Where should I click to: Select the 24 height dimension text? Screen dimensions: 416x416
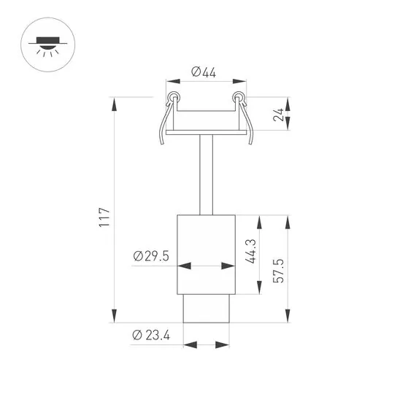click(279, 114)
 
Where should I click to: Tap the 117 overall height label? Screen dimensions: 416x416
click(104, 217)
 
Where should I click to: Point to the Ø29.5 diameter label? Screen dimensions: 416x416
click(152, 255)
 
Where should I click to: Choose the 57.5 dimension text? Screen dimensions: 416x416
click(279, 271)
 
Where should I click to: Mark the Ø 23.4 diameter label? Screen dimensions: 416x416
click(152, 335)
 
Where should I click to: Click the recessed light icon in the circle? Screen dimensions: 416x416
click(46, 45)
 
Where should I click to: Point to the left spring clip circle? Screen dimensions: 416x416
click(173, 98)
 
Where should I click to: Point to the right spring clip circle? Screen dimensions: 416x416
click(237, 98)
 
